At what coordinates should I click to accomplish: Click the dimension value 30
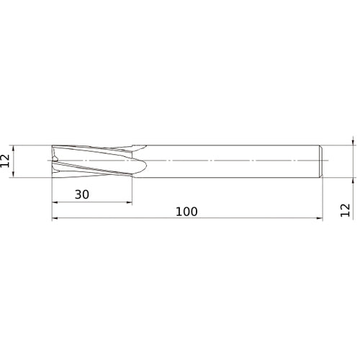tap(82, 194)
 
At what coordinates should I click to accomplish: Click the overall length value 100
tap(186, 212)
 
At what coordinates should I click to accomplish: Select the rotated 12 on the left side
tap(5, 161)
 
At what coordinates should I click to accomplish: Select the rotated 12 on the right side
tap(346, 210)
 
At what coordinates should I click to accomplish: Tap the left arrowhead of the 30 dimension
tap(55, 202)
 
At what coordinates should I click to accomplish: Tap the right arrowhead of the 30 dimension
tap(130, 202)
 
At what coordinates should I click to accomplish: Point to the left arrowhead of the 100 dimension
tap(55, 218)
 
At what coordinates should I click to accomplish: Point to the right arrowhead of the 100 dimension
tap(320, 218)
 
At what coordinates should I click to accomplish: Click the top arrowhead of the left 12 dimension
tap(14, 148)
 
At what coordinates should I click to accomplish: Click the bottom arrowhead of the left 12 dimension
tap(14, 175)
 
